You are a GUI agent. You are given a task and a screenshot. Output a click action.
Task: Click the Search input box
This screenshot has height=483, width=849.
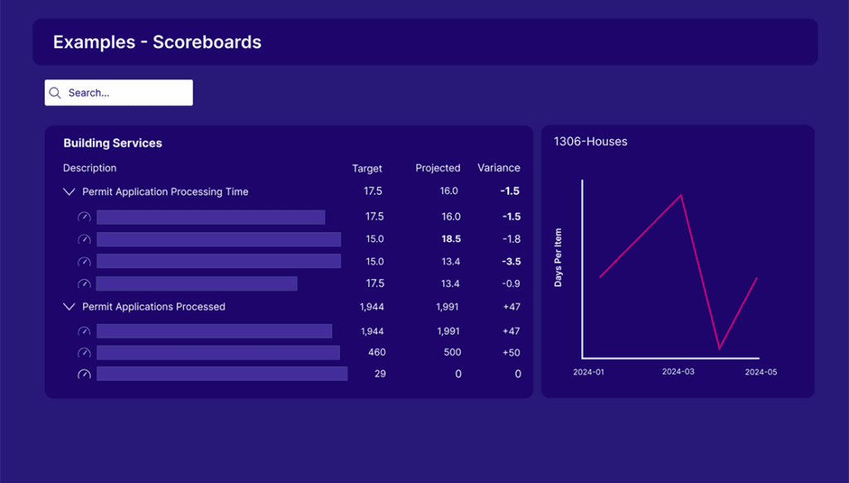click(x=124, y=93)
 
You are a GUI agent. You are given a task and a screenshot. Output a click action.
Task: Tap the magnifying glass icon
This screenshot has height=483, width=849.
click(x=56, y=93)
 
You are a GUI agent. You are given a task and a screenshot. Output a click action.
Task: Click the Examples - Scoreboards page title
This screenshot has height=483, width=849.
click(x=157, y=42)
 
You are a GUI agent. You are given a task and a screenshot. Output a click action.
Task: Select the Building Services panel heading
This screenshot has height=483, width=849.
click(x=113, y=143)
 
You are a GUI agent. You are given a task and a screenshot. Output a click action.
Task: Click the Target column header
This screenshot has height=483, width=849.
click(x=367, y=168)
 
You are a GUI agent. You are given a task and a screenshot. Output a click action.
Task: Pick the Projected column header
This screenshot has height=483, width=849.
click(x=438, y=168)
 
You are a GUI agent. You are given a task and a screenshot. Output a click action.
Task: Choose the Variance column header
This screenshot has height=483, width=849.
click(x=499, y=168)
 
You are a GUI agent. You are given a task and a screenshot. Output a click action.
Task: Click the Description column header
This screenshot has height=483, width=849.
click(x=90, y=168)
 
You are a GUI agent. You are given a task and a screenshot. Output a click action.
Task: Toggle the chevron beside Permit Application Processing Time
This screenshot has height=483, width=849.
click(x=69, y=191)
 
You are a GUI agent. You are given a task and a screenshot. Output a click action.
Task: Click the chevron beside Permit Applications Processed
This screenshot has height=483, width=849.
click(x=69, y=307)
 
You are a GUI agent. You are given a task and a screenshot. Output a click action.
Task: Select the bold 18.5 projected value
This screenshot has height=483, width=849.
click(x=451, y=239)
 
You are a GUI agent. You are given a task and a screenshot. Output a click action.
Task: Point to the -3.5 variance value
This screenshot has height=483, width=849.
click(x=511, y=262)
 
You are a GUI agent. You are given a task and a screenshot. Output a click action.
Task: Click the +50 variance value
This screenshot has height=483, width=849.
click(x=512, y=353)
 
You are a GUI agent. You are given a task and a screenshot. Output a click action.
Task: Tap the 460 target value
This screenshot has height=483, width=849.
click(x=376, y=353)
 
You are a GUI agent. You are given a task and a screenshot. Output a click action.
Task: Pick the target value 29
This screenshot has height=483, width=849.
click(x=380, y=374)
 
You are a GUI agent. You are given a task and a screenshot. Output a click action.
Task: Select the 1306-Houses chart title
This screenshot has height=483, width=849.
click(x=590, y=142)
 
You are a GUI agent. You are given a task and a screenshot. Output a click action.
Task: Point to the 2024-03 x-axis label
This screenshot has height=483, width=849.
click(x=677, y=372)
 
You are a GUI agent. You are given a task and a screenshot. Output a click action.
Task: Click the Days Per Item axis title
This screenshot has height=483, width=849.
click(x=558, y=258)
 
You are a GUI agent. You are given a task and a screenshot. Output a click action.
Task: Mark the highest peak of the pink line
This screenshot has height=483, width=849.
click(x=682, y=196)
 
